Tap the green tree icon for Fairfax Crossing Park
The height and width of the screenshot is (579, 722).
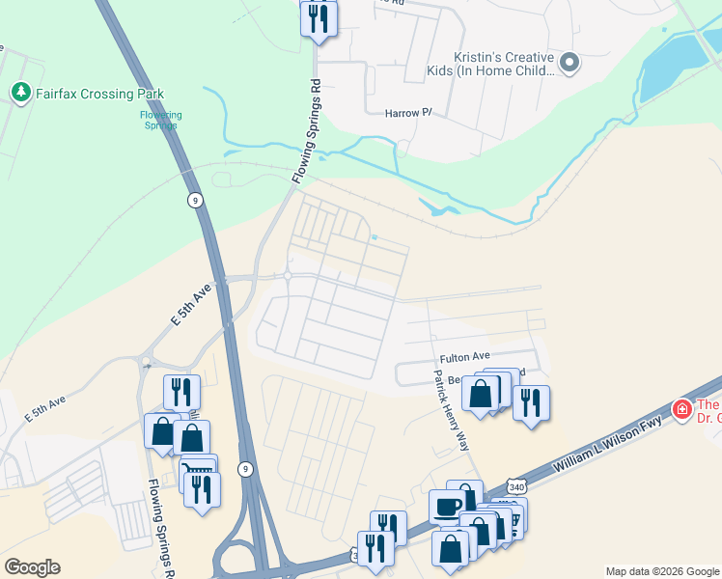click(x=20, y=93)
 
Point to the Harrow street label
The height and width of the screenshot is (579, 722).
click(x=408, y=113)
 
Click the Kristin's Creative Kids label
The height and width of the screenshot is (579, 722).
click(x=490, y=65)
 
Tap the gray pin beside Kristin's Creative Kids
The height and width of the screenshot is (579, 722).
click(x=569, y=64)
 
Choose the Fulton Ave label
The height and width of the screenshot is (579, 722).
click(x=466, y=356)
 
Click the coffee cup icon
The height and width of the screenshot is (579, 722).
click(x=447, y=507)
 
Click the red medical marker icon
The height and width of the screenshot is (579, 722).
click(x=681, y=409)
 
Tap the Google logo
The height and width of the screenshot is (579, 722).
click(x=32, y=567)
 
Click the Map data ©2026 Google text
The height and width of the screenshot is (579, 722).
click(x=662, y=571)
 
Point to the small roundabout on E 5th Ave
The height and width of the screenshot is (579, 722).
click(x=288, y=277)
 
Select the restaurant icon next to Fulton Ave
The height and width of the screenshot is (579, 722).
click(x=531, y=401)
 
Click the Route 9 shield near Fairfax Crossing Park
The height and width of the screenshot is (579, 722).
click(x=195, y=200)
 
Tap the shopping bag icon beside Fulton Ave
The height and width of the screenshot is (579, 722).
click(x=480, y=394)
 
